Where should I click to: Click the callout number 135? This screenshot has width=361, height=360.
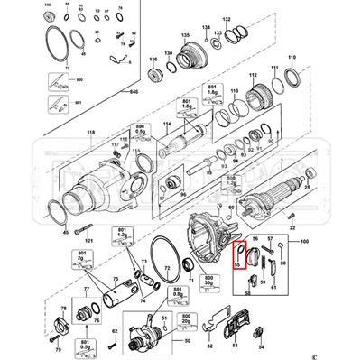[186, 34]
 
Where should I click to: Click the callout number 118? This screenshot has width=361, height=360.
[89, 133]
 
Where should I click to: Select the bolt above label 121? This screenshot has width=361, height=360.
[88, 227]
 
